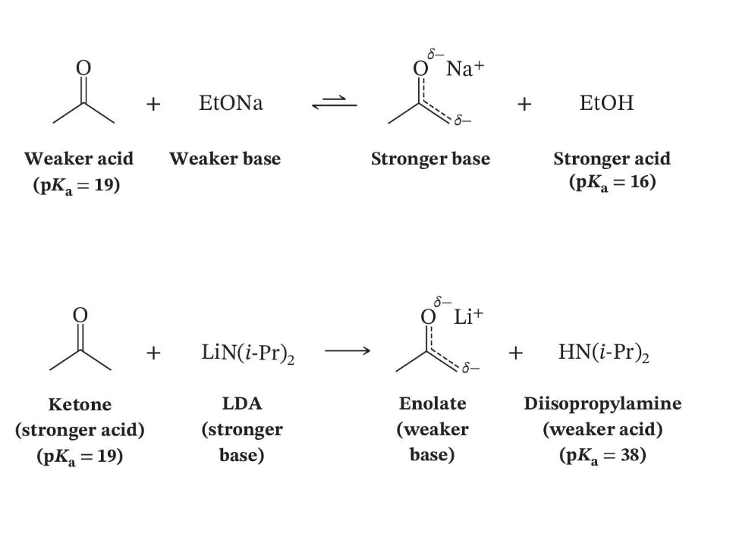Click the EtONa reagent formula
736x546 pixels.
(x=231, y=102)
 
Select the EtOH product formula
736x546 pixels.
(x=606, y=102)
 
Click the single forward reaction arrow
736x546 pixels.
(x=348, y=351)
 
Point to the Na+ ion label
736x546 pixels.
(x=464, y=68)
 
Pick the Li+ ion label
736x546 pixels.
(x=468, y=317)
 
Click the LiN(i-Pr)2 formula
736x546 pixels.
(x=248, y=353)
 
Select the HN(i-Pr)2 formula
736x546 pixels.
(x=604, y=353)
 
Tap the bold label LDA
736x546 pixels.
(x=242, y=403)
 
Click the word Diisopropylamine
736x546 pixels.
(x=602, y=404)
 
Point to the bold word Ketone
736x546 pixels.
(x=80, y=404)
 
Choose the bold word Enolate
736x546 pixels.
(x=432, y=403)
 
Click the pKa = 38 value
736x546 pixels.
(x=602, y=456)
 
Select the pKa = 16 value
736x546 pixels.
(x=612, y=182)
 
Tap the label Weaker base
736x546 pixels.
(x=225, y=158)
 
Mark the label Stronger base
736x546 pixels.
(x=430, y=159)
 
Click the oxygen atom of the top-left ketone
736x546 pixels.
(x=83, y=68)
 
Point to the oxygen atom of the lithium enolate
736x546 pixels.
(x=428, y=317)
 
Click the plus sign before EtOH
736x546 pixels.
(x=524, y=104)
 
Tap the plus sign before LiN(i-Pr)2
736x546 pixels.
(x=153, y=353)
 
